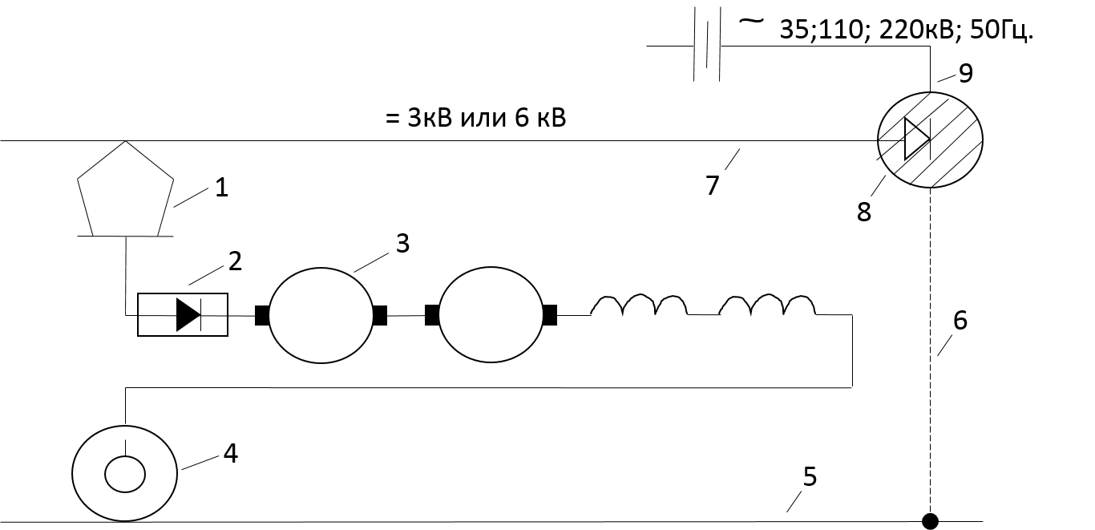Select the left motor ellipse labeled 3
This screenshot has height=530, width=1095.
point(269,315)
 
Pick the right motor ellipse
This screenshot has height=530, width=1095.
point(439,315)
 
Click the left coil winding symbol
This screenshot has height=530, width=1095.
point(639,297)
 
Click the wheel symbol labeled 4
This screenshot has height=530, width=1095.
point(72,473)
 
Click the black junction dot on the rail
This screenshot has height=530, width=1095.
point(930,521)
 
